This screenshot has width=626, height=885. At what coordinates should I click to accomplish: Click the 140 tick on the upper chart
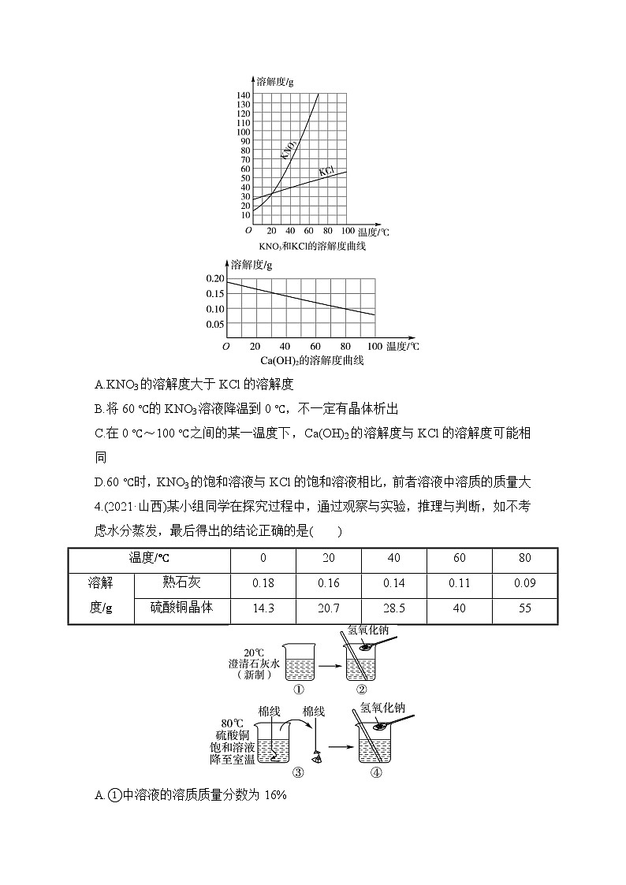(x=243, y=95)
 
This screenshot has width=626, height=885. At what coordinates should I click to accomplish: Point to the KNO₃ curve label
(x=288, y=147)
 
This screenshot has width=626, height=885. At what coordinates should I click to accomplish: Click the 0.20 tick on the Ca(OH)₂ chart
(x=214, y=279)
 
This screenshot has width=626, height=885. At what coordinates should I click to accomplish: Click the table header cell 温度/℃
(x=150, y=558)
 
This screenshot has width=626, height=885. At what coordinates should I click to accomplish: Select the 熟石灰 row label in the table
(x=182, y=583)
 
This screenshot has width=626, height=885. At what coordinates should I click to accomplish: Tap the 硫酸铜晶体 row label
(x=182, y=608)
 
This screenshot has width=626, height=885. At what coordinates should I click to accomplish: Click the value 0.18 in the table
(x=263, y=583)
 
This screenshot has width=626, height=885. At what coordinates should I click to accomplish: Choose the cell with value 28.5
(x=393, y=608)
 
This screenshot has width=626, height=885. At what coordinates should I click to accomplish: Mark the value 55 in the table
(x=524, y=608)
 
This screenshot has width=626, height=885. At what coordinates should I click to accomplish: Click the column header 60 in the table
(x=459, y=558)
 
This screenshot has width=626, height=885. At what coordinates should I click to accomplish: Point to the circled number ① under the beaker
(x=298, y=689)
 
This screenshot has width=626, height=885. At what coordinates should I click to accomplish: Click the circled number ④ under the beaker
(x=375, y=772)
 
